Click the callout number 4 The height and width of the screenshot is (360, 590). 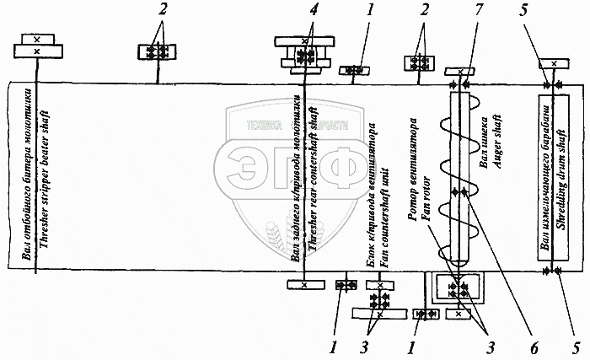coord(314,11)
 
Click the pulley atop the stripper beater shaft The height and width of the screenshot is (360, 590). coord(35,46)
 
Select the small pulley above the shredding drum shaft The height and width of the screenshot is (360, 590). coord(552,63)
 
